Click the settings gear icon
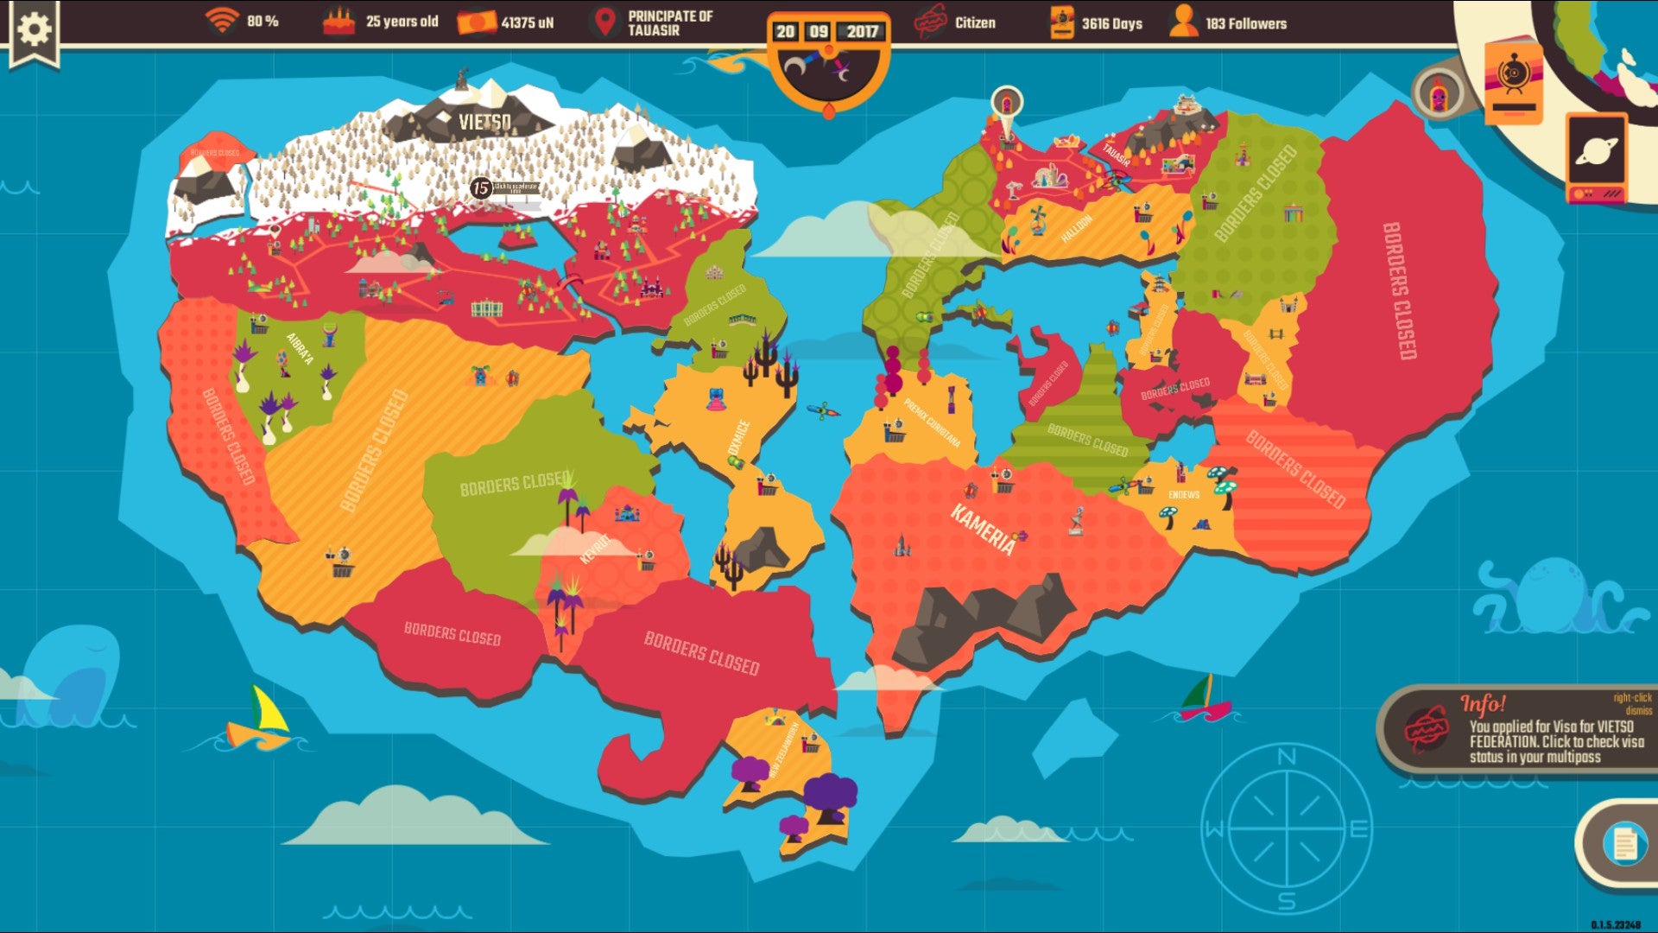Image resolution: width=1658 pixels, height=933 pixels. point(35,29)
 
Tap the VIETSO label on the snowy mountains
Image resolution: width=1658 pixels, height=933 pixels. point(484,122)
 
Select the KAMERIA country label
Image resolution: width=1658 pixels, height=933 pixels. point(983,529)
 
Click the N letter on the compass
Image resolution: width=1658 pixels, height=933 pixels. point(1286,757)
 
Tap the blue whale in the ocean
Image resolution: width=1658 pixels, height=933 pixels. point(73,676)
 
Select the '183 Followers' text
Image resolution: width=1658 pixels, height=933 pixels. point(1245,23)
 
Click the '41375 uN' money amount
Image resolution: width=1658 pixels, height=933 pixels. point(527,22)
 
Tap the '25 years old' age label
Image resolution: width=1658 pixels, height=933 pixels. point(402,22)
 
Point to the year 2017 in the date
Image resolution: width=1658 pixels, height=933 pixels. point(862,32)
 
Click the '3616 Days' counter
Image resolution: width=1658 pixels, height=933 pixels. point(1111,23)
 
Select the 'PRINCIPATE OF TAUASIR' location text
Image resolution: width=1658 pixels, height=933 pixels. point(670,23)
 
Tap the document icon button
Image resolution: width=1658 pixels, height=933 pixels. point(1624,843)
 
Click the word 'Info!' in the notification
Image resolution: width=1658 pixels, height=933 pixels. point(1483,704)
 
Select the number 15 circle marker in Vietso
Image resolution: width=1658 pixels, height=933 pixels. point(481,188)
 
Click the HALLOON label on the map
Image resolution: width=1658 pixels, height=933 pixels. point(1076,229)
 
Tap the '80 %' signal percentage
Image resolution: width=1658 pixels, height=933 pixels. point(263,21)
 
